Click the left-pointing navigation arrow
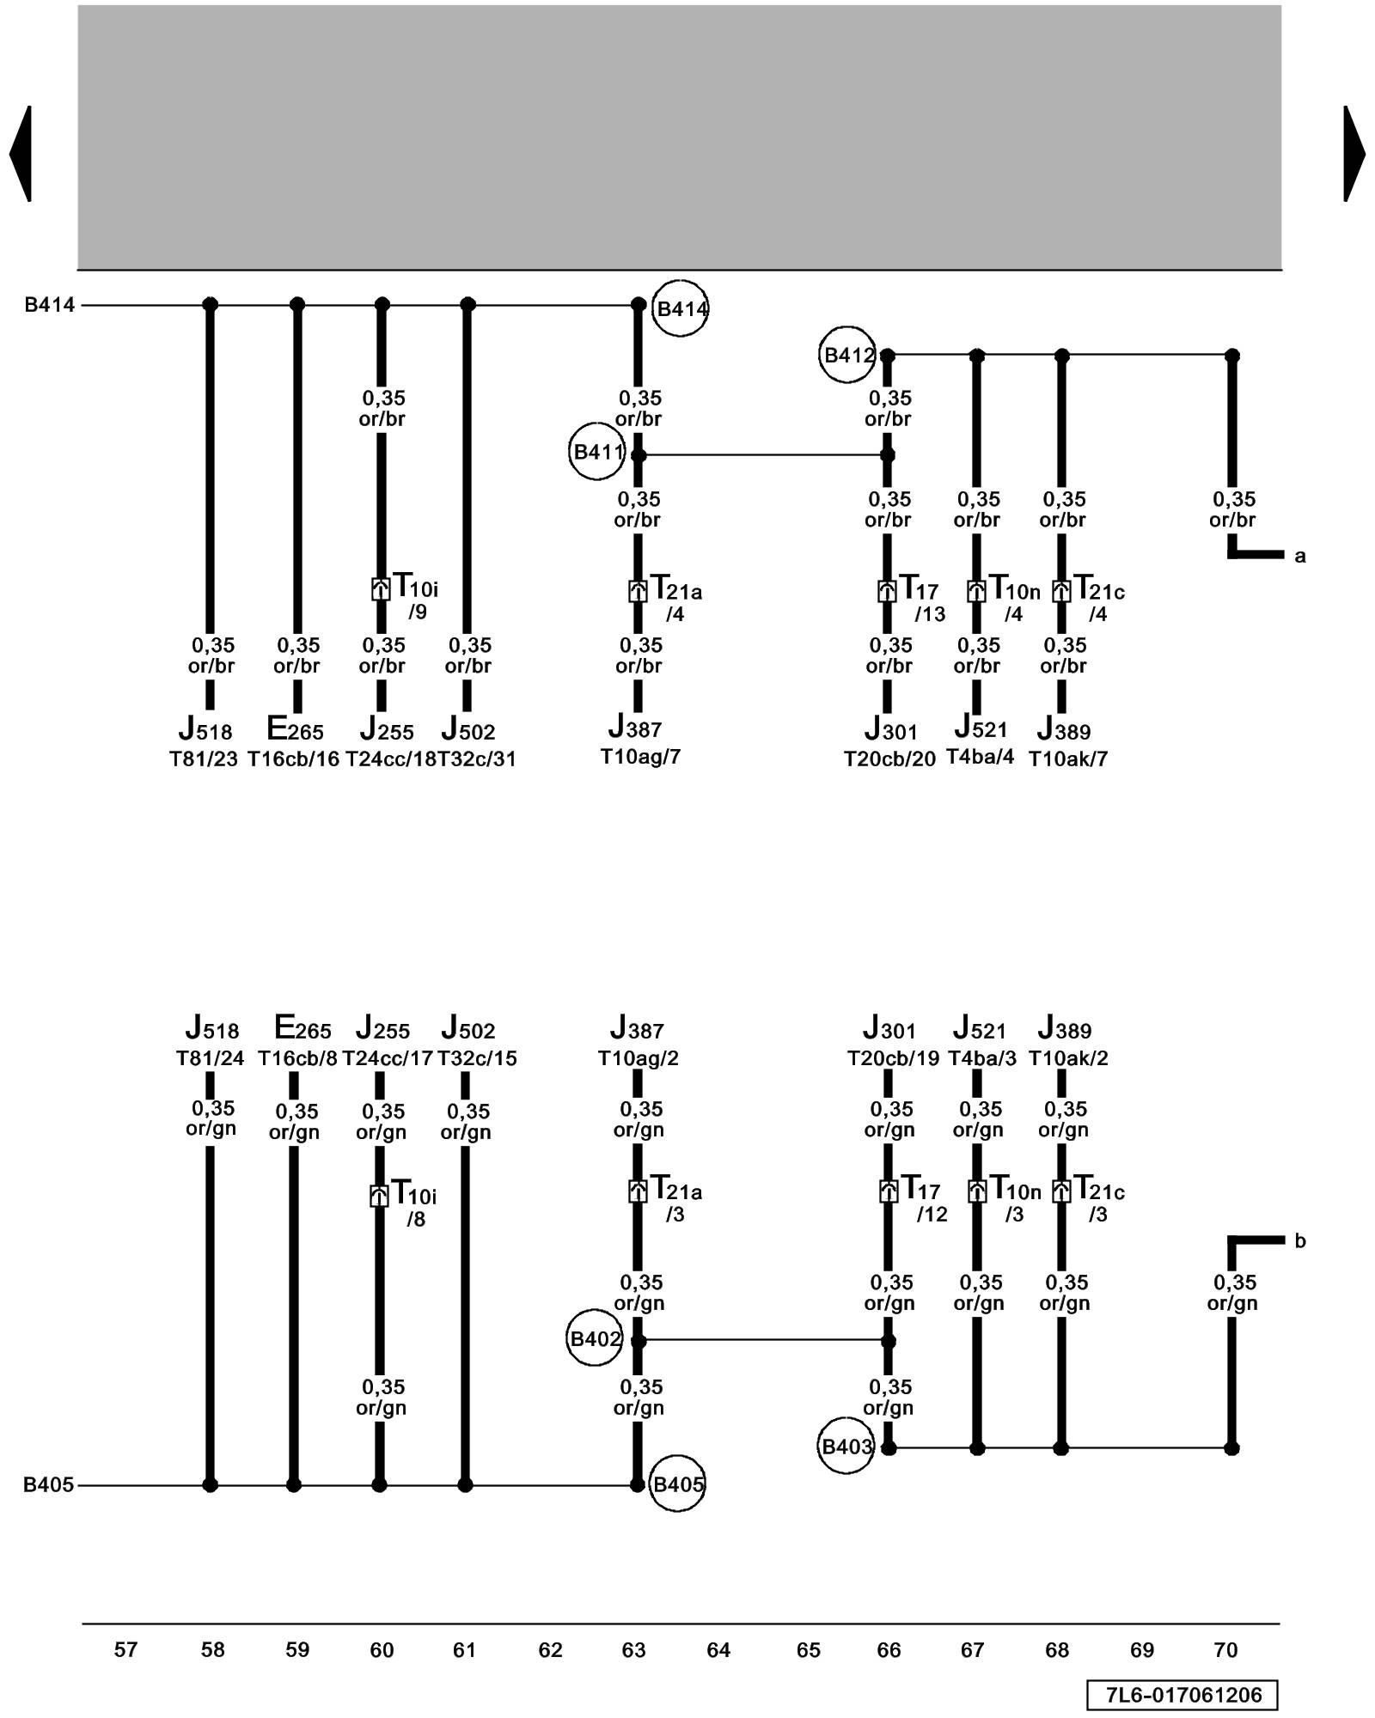[21, 154]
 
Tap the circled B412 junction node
[847, 354]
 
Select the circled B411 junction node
[597, 452]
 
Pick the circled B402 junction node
[595, 1338]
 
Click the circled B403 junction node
[846, 1447]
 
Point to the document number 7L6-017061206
[1182, 1695]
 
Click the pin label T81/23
[204, 759]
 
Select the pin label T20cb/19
[894, 1058]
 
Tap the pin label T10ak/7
[1068, 759]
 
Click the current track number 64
[718, 1650]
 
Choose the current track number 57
[125, 1650]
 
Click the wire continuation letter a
[1299, 557]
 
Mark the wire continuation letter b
[1299, 1241]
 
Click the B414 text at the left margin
[49, 305]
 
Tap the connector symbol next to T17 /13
[887, 591]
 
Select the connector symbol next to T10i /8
[379, 1196]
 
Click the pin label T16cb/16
[294, 759]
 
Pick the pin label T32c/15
[477, 1058]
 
